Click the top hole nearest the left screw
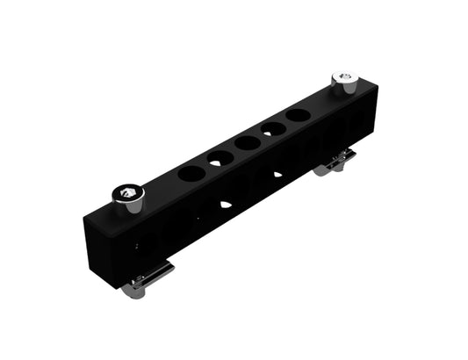(189, 173)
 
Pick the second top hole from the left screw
(220, 158)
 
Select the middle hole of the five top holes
(247, 142)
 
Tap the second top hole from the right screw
(274, 128)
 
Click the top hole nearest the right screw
(299, 115)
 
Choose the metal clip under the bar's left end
(146, 278)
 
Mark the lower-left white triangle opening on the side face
(226, 204)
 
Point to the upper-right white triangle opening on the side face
(277, 174)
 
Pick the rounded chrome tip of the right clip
(321, 169)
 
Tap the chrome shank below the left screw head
(129, 207)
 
